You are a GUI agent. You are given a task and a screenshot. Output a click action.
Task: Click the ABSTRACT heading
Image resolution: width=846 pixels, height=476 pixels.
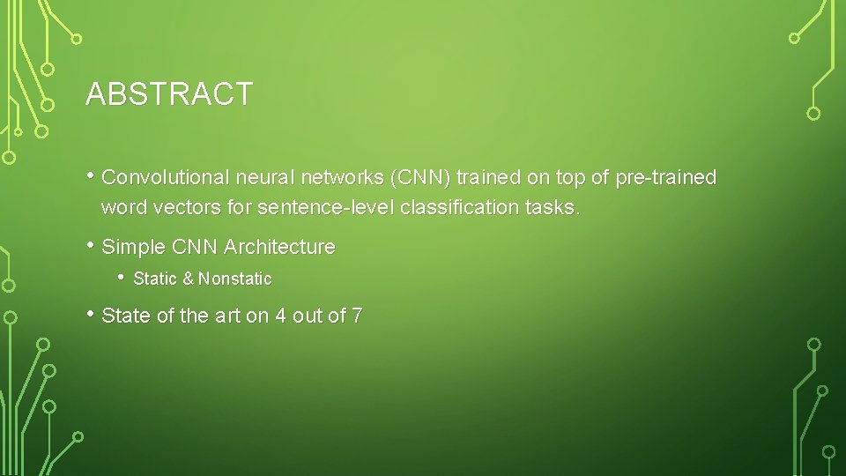coord(169,94)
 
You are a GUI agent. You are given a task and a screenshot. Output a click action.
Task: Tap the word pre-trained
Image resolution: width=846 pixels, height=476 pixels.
coord(666,177)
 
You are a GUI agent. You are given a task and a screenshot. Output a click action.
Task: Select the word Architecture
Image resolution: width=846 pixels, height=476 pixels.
coord(279,247)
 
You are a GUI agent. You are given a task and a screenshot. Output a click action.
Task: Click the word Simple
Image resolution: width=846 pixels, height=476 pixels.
coord(131,247)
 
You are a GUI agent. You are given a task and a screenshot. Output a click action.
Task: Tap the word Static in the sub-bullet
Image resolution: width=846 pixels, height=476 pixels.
coord(155,279)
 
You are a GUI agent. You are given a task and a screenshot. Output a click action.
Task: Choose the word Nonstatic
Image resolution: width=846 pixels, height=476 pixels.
coord(235,279)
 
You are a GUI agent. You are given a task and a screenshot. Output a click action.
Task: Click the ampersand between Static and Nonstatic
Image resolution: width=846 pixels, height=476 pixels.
coord(188,279)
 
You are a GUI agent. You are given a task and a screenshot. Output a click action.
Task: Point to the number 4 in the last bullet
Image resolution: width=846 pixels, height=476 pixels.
coord(280,316)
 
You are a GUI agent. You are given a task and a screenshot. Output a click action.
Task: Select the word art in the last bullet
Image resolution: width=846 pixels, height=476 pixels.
coord(228,316)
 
